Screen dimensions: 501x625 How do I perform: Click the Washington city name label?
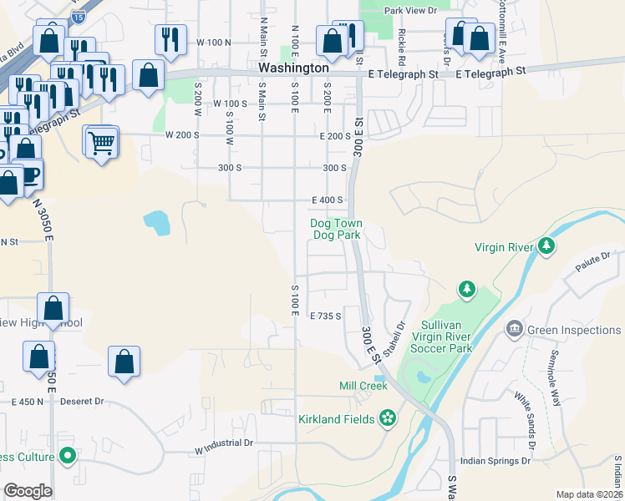tap(292, 67)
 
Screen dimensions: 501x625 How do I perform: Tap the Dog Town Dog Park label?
tap(336, 230)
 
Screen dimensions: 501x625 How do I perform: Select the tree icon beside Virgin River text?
tap(546, 245)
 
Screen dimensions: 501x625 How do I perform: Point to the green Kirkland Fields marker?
tap(387, 417)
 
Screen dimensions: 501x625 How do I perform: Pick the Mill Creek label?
tap(363, 386)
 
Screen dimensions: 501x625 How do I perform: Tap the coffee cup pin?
tap(30, 175)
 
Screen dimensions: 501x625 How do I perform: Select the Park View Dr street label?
tap(410, 11)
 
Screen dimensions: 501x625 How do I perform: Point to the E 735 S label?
tap(327, 316)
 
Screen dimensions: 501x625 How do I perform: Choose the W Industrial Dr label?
tap(223, 443)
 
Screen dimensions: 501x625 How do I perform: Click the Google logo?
tap(28, 491)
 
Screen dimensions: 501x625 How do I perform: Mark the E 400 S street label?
tap(328, 200)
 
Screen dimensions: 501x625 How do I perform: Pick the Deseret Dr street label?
tap(87, 402)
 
